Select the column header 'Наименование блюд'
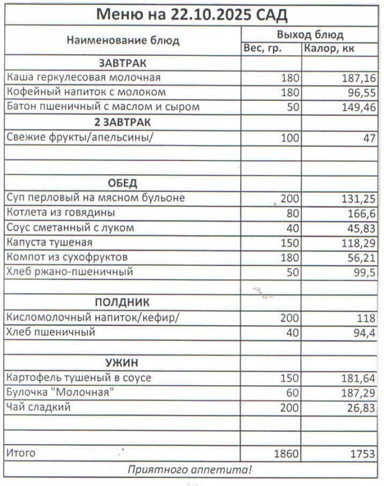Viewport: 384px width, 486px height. pos(123,41)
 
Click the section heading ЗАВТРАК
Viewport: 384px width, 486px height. pos(123,63)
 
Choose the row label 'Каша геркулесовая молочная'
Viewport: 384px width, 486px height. pos(83,78)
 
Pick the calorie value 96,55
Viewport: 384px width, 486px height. pos(361,93)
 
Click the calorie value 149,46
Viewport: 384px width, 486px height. pos(357,108)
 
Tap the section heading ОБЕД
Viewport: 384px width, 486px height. pos(123,183)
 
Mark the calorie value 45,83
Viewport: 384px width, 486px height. pos(361,228)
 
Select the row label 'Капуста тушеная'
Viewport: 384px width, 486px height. pos(50,242)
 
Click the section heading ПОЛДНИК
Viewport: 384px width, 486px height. pos(123,302)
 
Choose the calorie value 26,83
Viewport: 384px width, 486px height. pos(361,408)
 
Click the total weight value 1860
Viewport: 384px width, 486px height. pos(286,453)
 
